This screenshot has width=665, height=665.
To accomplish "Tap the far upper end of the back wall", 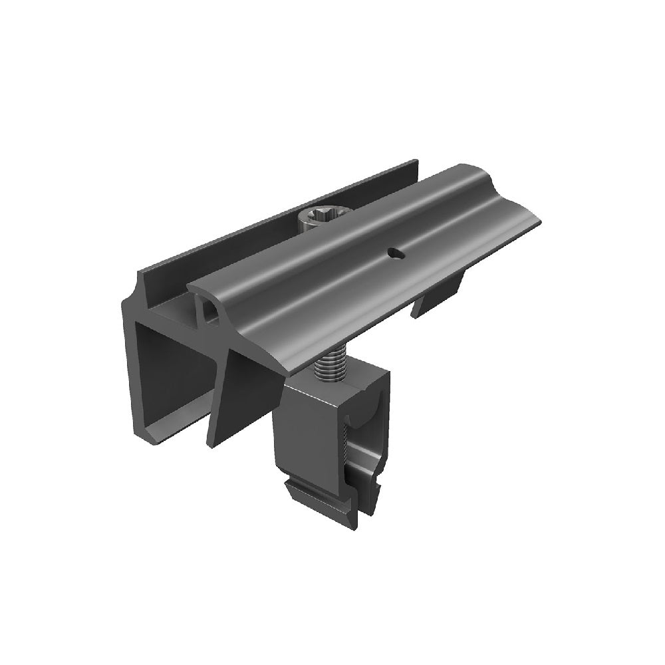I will pos(415,162).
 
